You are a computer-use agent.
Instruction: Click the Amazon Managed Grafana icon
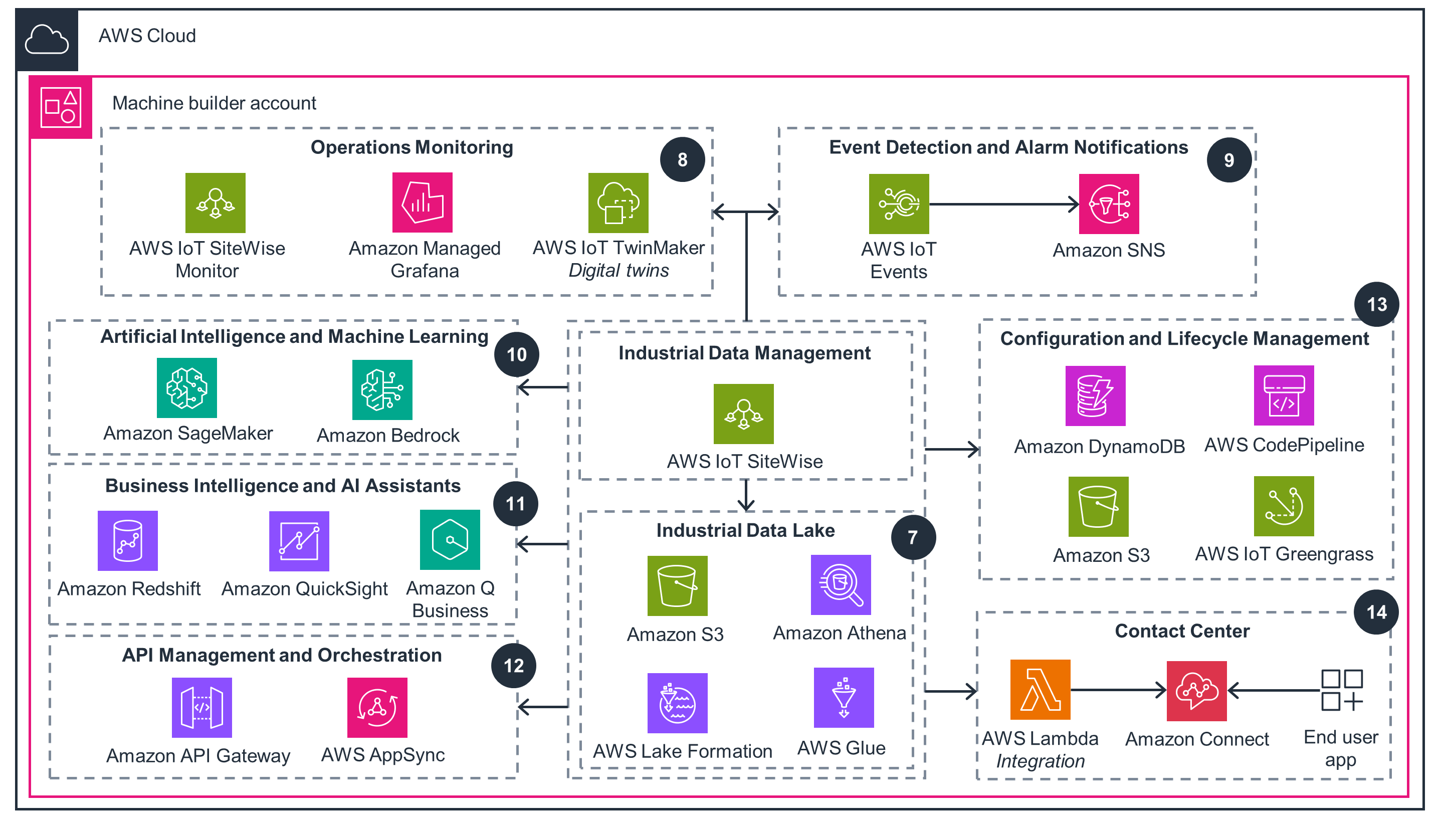[x=422, y=202]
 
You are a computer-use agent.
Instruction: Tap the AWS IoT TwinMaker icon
[x=618, y=202]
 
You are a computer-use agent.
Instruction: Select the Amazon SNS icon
[x=1109, y=203]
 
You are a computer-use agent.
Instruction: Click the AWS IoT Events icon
[x=898, y=203]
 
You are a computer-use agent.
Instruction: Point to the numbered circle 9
[x=1228, y=160]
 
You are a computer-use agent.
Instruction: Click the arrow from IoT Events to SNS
[x=1003, y=204]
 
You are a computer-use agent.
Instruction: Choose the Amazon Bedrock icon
[x=381, y=389]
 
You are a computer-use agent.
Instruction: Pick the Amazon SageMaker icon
[x=186, y=388]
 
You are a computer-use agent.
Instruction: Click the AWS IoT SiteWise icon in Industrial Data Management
[x=743, y=414]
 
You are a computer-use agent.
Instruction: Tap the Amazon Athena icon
[x=841, y=584]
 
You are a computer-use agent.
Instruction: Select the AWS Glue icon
[x=844, y=697]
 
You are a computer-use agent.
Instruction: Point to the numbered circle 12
[x=513, y=665]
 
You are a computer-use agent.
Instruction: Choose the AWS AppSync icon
[x=377, y=707]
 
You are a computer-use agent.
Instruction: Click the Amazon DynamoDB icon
[x=1095, y=395]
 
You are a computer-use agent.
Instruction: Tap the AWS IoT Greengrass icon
[x=1283, y=506]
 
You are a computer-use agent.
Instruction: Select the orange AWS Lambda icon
[x=1040, y=689]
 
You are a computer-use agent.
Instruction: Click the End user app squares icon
[x=1341, y=690]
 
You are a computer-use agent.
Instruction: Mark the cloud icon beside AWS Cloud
[x=47, y=40]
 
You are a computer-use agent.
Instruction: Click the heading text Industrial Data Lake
[x=745, y=530]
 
